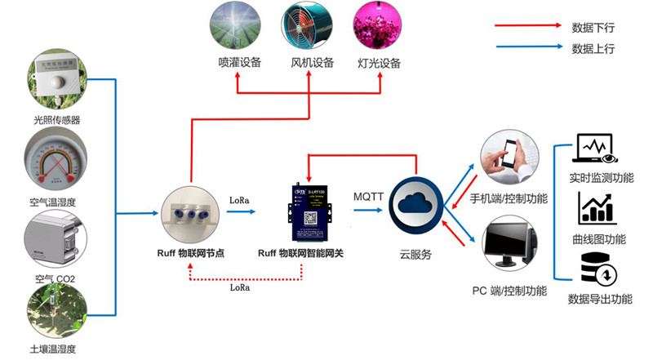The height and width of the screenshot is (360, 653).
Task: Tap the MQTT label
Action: click(x=369, y=196)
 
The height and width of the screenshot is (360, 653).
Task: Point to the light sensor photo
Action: click(x=56, y=82)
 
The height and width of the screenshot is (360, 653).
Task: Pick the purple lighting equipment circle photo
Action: click(x=380, y=24)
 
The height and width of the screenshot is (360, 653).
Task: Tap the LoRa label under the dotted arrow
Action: click(x=240, y=287)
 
